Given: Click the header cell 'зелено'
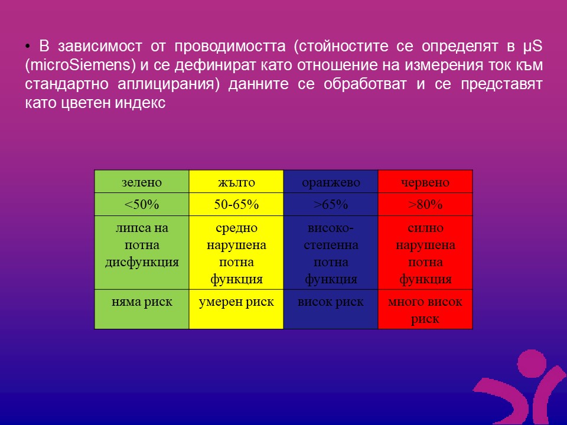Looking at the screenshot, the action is pyautogui.click(x=142, y=181).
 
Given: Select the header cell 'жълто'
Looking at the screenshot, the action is pyautogui.click(x=236, y=181).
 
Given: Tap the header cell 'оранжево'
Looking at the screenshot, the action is pyautogui.click(x=331, y=181).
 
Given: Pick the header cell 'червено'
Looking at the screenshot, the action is pyautogui.click(x=425, y=181).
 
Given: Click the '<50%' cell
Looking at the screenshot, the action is pyautogui.click(x=142, y=204).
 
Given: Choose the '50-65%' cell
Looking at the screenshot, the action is pyautogui.click(x=236, y=204).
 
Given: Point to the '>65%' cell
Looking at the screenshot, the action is pyautogui.click(x=331, y=204).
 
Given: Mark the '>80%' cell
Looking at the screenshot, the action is pyautogui.click(x=425, y=204).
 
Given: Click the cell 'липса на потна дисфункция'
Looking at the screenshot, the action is pyautogui.click(x=142, y=253).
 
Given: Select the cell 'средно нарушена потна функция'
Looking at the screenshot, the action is pyautogui.click(x=236, y=253).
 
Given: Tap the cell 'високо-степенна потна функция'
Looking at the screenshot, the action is pyautogui.click(x=331, y=253).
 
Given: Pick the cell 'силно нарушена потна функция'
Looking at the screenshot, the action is pyautogui.click(x=425, y=253).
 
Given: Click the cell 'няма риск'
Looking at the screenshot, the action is pyautogui.click(x=142, y=309).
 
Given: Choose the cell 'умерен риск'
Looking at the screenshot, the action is pyautogui.click(x=236, y=309).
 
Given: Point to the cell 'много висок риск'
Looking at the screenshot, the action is pyautogui.click(x=425, y=309).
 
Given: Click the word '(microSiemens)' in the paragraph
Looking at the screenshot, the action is pyautogui.click(x=80, y=66).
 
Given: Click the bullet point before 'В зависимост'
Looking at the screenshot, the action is pyautogui.click(x=28, y=46).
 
